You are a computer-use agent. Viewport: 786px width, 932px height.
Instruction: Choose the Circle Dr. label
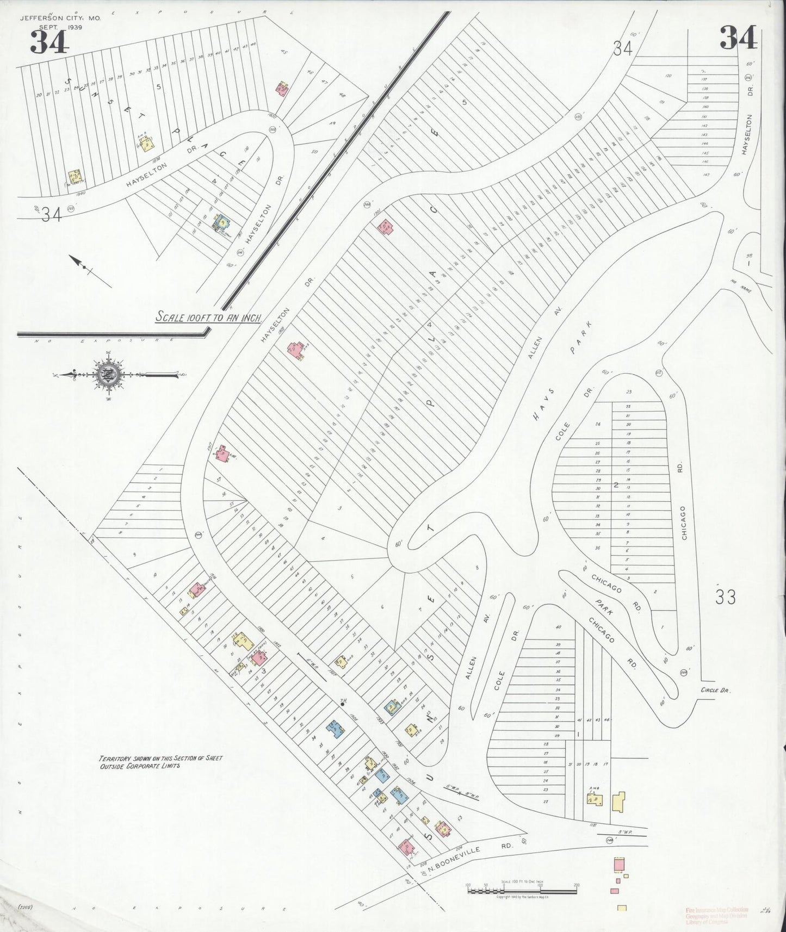(x=715, y=689)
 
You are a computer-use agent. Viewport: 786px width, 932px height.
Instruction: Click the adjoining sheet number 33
(x=726, y=597)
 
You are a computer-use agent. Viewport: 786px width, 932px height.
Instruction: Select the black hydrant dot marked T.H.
(x=342, y=704)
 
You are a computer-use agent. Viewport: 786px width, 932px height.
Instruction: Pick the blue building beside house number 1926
(x=333, y=729)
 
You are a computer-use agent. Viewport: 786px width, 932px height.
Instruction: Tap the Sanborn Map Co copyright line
(x=521, y=897)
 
